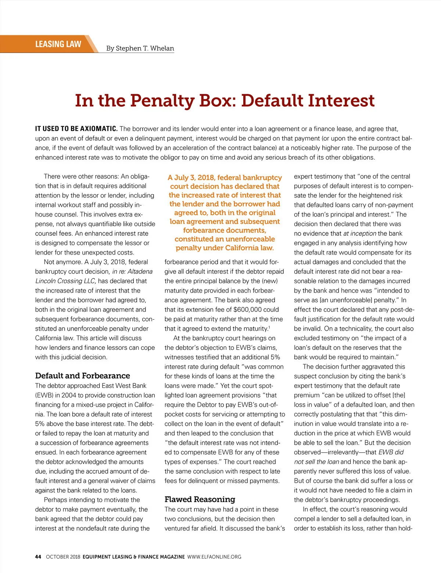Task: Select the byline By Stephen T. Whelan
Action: coord(140,48)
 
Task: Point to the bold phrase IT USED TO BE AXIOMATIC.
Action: coord(76,129)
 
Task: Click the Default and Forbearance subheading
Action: coord(82,376)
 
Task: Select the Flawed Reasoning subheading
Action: coord(200,499)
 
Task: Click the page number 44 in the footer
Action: coord(38,557)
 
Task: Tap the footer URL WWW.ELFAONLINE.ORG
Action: coord(214,557)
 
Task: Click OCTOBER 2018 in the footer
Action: coord(63,557)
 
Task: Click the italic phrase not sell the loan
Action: coord(316,462)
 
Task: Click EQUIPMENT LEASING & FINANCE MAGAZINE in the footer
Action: coord(133,557)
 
